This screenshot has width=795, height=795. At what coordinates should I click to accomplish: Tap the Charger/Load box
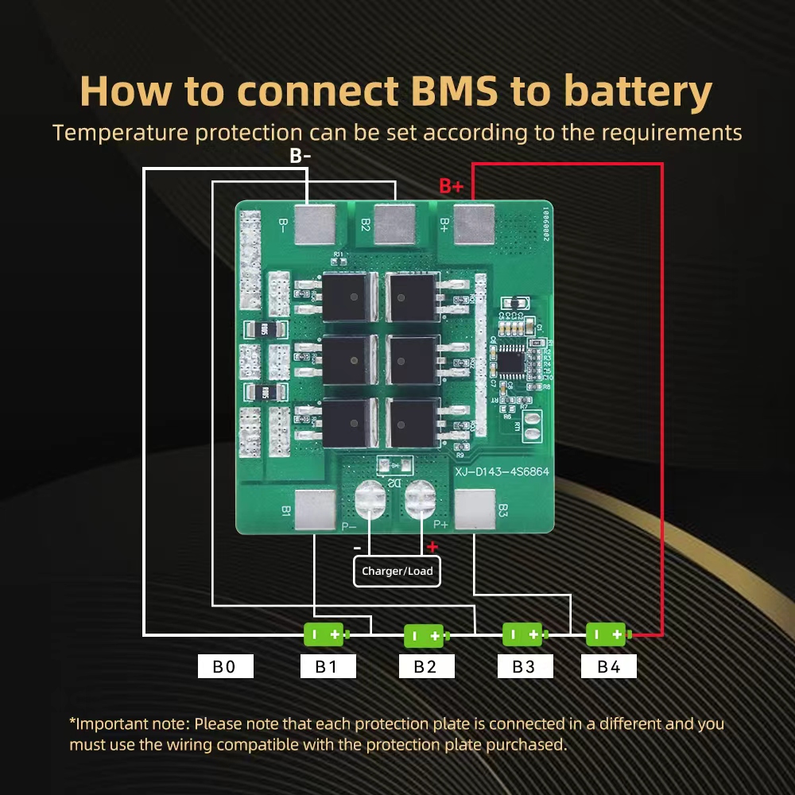pyautogui.click(x=397, y=571)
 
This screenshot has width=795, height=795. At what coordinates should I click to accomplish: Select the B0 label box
pyautogui.click(x=225, y=666)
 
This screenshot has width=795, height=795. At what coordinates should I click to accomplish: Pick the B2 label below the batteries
pyautogui.click(x=425, y=666)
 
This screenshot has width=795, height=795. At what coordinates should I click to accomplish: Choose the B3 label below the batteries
pyautogui.click(x=524, y=666)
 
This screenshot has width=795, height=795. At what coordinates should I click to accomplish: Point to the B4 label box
pyautogui.click(x=608, y=666)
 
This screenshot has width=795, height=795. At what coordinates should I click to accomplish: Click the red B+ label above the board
pyautogui.click(x=452, y=186)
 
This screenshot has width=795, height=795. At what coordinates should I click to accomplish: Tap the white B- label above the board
pyautogui.click(x=301, y=156)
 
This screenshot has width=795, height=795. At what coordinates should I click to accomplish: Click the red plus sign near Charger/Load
pyautogui.click(x=432, y=547)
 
